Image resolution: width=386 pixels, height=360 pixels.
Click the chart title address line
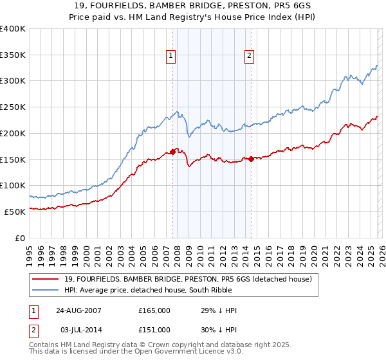click(x=193, y=6)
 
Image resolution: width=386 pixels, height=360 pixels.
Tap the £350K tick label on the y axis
click(x=13, y=55)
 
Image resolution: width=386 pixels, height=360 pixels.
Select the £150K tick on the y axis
click(x=13, y=159)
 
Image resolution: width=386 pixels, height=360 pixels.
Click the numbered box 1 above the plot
click(x=171, y=56)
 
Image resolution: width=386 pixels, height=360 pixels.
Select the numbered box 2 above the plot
click(x=248, y=56)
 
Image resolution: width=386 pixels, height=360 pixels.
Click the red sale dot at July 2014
click(x=250, y=159)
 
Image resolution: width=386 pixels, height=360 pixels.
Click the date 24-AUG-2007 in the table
click(x=78, y=310)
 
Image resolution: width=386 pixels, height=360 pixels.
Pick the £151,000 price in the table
click(x=154, y=329)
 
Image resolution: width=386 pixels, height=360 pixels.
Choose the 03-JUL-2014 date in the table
click(x=78, y=329)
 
